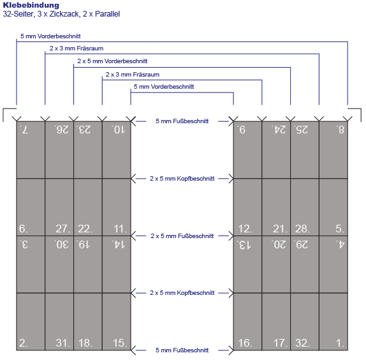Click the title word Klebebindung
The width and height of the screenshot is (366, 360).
(31, 5)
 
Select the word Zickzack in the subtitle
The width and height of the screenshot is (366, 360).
(64, 14)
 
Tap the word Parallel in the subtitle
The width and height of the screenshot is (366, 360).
(107, 14)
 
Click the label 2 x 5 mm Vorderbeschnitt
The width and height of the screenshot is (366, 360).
(112, 61)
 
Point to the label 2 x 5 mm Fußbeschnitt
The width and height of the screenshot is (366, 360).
(182, 236)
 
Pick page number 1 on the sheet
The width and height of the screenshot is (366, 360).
(340, 343)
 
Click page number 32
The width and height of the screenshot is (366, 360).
(302, 343)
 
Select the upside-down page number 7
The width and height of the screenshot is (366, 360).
(24, 130)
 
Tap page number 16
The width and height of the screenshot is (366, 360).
(245, 343)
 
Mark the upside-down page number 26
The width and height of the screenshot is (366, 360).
(62, 130)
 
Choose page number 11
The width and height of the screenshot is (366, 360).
(120, 229)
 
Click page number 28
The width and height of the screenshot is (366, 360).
(302, 229)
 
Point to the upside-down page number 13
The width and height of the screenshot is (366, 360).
(244, 244)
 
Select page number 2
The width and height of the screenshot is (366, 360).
(24, 343)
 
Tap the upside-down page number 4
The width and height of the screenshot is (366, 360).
(340, 244)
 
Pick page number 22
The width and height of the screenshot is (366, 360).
(85, 229)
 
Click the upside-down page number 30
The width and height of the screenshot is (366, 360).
(62, 244)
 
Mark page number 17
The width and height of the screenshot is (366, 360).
(280, 343)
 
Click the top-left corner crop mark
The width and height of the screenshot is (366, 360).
(3, 109)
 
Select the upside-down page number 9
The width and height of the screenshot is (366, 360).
(242, 130)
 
